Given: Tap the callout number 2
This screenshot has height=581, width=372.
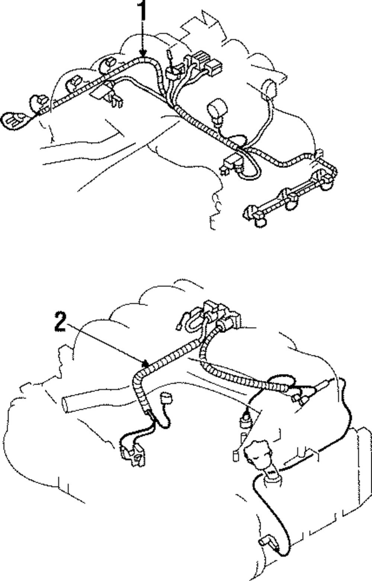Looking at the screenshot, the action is [60, 322].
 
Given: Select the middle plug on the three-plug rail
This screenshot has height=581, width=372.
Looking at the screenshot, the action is [288, 197].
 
